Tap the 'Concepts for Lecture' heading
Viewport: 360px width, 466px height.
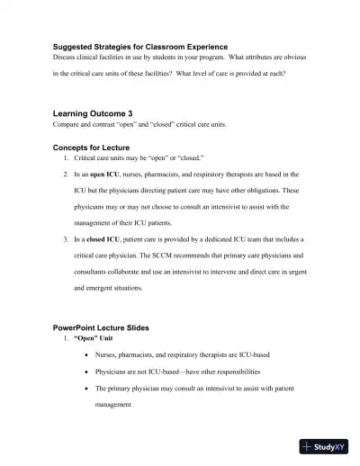pyautogui.click(x=91, y=147)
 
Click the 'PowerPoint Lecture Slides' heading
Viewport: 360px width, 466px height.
pyautogui.click(x=101, y=327)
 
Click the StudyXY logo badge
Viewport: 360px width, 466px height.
pyautogui.click(x=324, y=446)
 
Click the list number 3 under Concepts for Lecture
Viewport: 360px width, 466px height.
pyautogui.click(x=65, y=239)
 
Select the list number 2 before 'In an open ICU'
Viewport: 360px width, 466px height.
pyautogui.click(x=65, y=174)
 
